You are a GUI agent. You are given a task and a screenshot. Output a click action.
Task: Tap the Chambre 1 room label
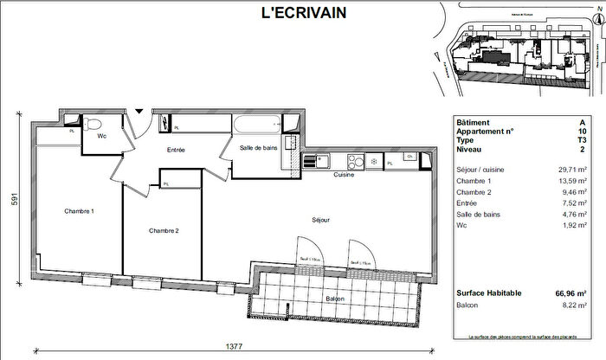pos(79,212)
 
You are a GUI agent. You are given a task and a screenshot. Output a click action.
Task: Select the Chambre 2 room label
pos(163,230)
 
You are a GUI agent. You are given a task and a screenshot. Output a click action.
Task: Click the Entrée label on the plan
pos(177,151)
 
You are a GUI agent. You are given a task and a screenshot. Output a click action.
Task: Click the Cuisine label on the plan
pos(345,176)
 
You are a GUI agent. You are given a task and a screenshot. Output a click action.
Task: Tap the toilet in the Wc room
pos(91,124)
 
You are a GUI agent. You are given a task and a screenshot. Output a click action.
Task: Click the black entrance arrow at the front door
pos(139,111)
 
